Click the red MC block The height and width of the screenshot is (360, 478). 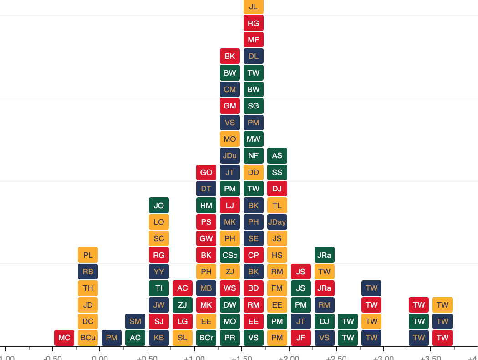pyautogui.click(x=64, y=338)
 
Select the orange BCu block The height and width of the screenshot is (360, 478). pyautogui.click(x=88, y=338)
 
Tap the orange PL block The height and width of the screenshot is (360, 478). pyautogui.click(x=88, y=255)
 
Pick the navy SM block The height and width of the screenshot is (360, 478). pyautogui.click(x=135, y=321)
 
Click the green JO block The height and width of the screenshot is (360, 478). pyautogui.click(x=159, y=206)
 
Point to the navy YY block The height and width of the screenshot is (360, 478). pyautogui.click(x=159, y=272)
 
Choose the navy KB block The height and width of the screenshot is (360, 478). pyautogui.click(x=159, y=338)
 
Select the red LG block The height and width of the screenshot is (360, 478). pyautogui.click(x=183, y=321)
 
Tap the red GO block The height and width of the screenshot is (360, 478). pyautogui.click(x=206, y=172)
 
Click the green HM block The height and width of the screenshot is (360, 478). pyautogui.click(x=206, y=206)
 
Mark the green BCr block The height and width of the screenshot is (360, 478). pyautogui.click(x=206, y=338)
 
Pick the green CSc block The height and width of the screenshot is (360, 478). pyautogui.click(x=230, y=255)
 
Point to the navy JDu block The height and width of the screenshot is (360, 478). pyautogui.click(x=230, y=156)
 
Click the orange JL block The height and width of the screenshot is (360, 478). pyautogui.click(x=254, y=6)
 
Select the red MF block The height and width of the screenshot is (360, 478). pyautogui.click(x=254, y=40)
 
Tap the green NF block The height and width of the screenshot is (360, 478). pyautogui.click(x=254, y=156)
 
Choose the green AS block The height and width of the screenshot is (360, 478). pyautogui.click(x=277, y=156)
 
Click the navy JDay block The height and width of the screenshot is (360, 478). pyautogui.click(x=277, y=222)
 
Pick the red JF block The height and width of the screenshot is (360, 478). pyautogui.click(x=301, y=338)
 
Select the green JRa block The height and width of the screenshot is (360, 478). pyautogui.click(x=325, y=255)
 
